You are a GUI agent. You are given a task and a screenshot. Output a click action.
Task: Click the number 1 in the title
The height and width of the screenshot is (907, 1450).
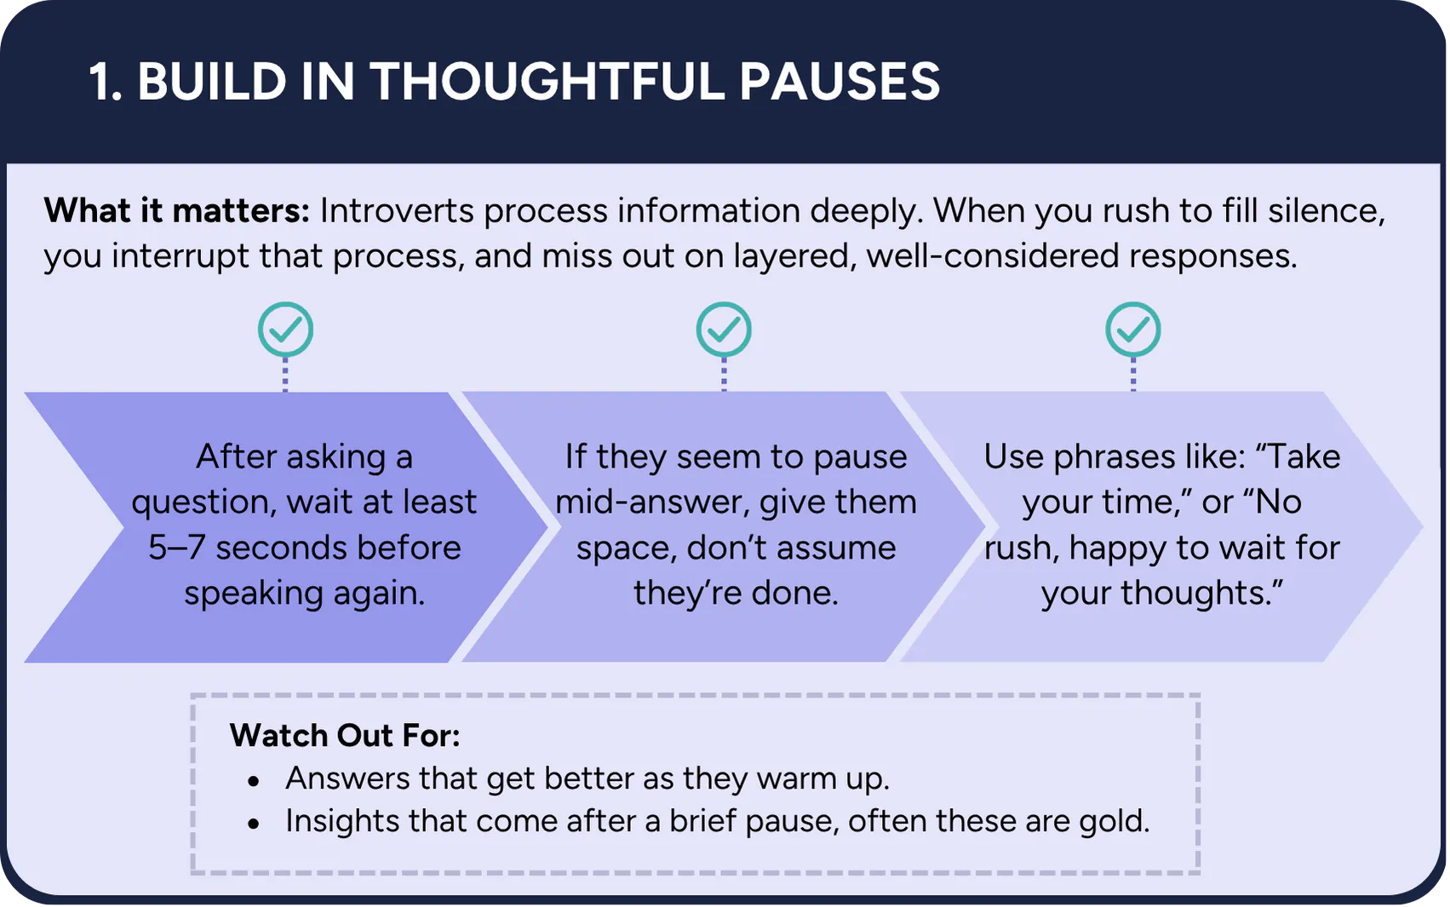(x=101, y=82)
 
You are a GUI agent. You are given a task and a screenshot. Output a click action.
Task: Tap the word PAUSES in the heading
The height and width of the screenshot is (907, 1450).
(x=840, y=82)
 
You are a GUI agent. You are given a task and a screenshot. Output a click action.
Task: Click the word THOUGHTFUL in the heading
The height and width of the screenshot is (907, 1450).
(x=547, y=82)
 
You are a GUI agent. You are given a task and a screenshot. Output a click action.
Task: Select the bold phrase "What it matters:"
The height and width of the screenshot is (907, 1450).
(x=177, y=210)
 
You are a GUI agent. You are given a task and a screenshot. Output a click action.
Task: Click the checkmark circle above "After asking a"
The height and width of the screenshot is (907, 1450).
(x=285, y=330)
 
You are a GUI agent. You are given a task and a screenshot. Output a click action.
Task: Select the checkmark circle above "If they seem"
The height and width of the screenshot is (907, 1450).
(x=724, y=330)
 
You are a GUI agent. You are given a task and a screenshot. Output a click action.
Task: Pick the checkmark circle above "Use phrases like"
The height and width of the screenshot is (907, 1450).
(x=1132, y=330)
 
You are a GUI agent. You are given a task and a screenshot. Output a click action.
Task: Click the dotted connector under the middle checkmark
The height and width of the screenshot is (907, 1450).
(x=724, y=374)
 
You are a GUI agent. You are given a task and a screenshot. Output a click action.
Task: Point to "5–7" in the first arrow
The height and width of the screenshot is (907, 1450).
(x=177, y=548)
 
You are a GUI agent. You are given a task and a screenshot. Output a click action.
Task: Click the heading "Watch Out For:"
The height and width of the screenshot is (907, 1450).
(x=345, y=736)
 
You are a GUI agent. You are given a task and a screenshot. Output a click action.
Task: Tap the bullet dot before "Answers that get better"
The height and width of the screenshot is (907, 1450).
(x=253, y=782)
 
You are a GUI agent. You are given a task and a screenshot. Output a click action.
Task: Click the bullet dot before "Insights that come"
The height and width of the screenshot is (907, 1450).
(x=253, y=824)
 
